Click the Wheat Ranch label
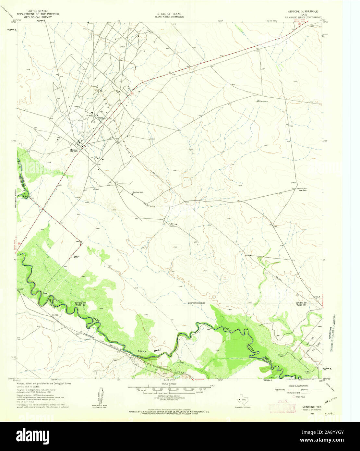pos(302,190)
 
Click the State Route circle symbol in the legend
pos(294,396)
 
